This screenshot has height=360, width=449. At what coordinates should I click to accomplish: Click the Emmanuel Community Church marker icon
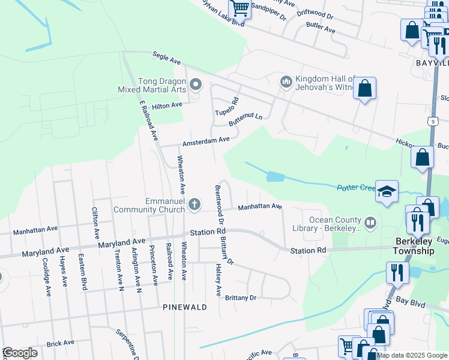tap(194, 205)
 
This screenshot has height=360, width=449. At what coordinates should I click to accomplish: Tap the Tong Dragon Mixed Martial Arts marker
tap(194, 84)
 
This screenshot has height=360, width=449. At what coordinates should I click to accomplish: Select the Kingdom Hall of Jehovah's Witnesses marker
tap(286, 81)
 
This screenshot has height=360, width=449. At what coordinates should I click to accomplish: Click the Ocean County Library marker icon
tap(371, 223)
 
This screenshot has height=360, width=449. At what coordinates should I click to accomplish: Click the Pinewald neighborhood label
tap(184, 307)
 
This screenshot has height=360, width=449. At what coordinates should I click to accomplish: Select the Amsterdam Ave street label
tap(206, 141)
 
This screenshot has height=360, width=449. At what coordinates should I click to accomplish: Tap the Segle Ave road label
tap(166, 58)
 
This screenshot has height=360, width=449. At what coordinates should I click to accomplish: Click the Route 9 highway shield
tap(432, 122)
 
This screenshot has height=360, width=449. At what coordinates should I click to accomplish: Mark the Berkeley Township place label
tap(414, 246)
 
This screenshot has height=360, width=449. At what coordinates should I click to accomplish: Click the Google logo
tap(20, 353)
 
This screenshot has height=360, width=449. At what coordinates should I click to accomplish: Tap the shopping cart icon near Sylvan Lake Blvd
tap(240, 8)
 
